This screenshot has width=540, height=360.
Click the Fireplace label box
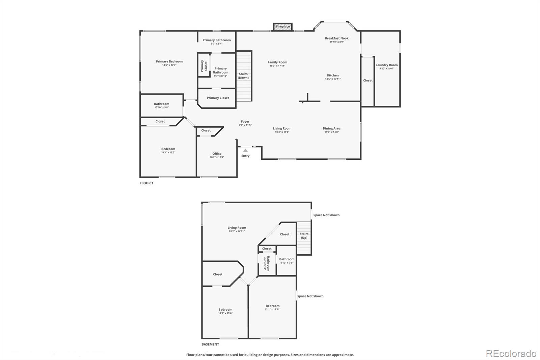click(283, 27)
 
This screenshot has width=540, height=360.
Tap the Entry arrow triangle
click(245, 151)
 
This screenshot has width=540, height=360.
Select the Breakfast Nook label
click(336, 38)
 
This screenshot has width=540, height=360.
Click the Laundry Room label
click(386, 65)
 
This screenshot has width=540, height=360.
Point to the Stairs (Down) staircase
click(244, 76)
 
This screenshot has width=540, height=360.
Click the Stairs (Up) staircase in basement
click(304, 238)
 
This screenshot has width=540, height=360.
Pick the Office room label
click(217, 154)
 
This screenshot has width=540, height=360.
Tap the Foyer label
click(245, 122)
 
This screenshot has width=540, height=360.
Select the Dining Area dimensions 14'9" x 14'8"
click(331, 132)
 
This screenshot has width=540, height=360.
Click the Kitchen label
click(332, 76)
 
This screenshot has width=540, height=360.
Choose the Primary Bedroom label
click(169, 61)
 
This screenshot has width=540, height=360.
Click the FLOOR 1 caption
click(146, 183)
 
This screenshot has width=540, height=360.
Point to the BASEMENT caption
click(210, 344)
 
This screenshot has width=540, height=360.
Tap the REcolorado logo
click(511, 354)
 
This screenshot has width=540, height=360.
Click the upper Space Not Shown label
click(326, 215)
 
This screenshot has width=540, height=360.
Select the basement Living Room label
click(237, 228)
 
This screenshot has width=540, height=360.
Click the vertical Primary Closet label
click(204, 66)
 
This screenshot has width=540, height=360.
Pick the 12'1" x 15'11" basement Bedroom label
click(272, 306)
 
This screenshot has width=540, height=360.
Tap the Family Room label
click(277, 62)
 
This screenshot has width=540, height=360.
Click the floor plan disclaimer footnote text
click(270, 355)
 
